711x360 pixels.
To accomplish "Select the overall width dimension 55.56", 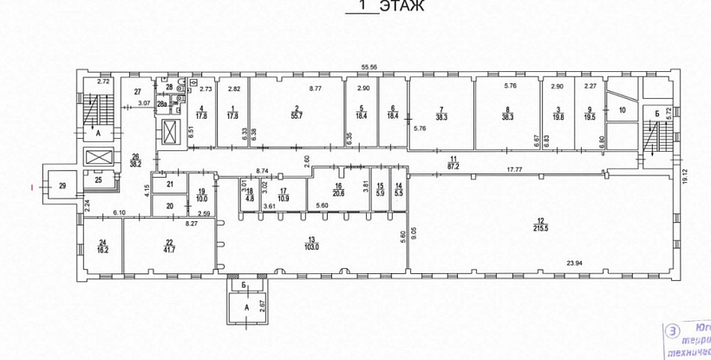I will tap(373, 68).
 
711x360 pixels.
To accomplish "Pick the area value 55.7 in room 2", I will tap(296, 115).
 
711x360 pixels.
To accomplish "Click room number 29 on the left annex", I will tap(62, 185).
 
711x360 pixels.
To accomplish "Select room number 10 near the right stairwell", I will tap(622, 110).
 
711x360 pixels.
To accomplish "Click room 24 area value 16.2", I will tap(102, 249).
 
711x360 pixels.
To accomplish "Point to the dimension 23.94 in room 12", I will tap(577, 261).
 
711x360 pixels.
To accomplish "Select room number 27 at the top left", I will tap(136, 91).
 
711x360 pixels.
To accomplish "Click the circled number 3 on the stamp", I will tap(672, 331).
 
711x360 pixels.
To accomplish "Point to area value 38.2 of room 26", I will tap(135, 162).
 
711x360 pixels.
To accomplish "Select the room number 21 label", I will tap(170, 183).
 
